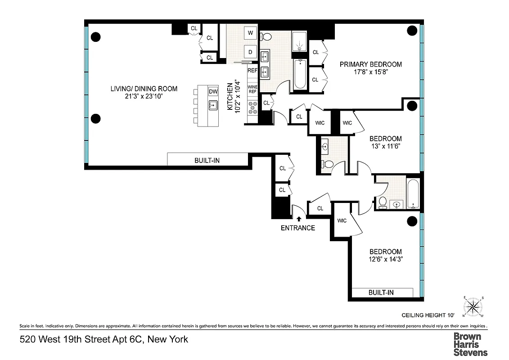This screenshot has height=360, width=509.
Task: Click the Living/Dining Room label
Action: (x=144, y=89)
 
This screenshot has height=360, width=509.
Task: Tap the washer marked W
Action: (x=250, y=33)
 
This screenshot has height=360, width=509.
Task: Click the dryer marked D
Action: (x=250, y=51)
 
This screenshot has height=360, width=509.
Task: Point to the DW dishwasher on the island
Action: (x=213, y=92)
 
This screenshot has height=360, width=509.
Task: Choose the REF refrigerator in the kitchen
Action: (x=252, y=71)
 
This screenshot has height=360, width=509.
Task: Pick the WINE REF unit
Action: (x=252, y=88)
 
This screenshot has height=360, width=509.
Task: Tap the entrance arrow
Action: (x=297, y=218)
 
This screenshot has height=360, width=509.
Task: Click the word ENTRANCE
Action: (x=297, y=228)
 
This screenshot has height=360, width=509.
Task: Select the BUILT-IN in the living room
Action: (x=207, y=160)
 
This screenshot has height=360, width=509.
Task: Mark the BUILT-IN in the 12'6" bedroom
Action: (x=381, y=292)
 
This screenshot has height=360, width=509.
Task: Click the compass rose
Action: (x=473, y=306)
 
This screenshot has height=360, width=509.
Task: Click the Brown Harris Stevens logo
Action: (x=470, y=344)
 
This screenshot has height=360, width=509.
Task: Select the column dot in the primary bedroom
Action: (x=412, y=31)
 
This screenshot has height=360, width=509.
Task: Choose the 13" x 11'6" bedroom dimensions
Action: (x=385, y=147)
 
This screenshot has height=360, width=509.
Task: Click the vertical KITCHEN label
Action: (x=230, y=96)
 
